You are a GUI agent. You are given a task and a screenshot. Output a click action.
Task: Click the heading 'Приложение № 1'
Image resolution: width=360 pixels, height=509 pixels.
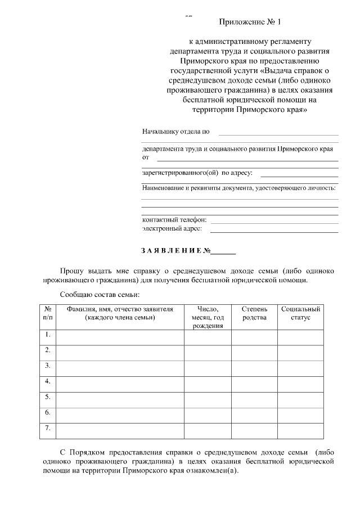click(x=249, y=22)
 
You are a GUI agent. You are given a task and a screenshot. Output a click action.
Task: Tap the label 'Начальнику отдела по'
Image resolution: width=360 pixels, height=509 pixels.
click(x=175, y=132)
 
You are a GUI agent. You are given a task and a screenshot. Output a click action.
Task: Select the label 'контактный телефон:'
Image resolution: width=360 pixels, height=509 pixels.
click(x=174, y=219)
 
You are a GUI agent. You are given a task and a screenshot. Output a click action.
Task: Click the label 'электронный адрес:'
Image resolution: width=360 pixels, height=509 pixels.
click(x=175, y=229)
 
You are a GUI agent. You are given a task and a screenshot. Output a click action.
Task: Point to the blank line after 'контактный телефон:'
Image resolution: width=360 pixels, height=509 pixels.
click(x=274, y=220)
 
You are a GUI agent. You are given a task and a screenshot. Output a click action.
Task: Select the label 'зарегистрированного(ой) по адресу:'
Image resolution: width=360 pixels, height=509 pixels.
click(x=197, y=173)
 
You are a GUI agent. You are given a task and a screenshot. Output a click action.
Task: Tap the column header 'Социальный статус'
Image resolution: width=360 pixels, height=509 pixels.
click(x=300, y=314)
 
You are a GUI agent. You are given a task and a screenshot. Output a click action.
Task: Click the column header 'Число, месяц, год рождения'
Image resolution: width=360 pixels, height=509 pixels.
click(x=208, y=318)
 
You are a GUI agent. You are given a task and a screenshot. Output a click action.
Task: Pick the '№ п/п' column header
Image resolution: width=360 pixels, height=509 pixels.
click(x=48, y=314)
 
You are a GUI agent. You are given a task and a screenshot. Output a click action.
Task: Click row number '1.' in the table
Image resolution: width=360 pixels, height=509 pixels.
click(x=48, y=336)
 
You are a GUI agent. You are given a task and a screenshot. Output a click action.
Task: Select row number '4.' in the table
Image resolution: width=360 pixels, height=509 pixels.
click(x=48, y=382)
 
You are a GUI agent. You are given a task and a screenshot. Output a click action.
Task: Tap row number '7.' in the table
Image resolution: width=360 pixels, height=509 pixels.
click(x=48, y=429)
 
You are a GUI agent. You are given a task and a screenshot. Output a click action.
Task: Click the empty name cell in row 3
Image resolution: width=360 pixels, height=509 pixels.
click(x=120, y=368)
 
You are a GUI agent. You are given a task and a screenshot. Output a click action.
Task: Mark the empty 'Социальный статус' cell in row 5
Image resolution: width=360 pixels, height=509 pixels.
click(x=300, y=399)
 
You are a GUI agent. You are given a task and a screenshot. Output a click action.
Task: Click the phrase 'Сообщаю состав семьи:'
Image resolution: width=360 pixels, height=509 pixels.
click(x=99, y=294)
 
